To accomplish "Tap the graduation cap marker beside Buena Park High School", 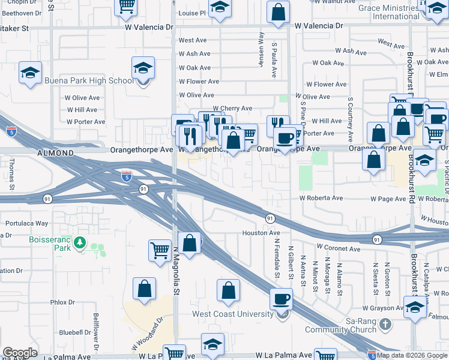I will (x=143, y=70).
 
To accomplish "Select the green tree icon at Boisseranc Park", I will (x=79, y=243).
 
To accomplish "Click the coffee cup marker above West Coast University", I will (x=281, y=299).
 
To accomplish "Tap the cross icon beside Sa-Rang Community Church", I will (x=385, y=324).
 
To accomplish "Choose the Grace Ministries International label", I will (x=388, y=12).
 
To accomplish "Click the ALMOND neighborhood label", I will (x=55, y=154).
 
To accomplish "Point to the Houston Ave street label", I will (x=261, y=233).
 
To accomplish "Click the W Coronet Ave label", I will (x=339, y=248).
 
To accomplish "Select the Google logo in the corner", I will (x=20, y=353).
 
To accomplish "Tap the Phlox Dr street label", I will (x=62, y=302).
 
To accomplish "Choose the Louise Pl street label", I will (x=192, y=13).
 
